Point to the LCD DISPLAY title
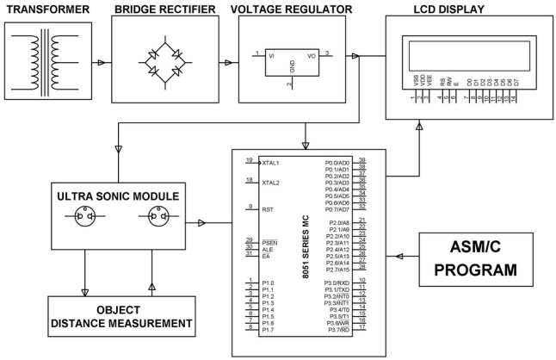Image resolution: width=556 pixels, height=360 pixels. coord(448,9)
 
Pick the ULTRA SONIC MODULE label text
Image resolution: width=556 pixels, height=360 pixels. coord(118,196)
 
